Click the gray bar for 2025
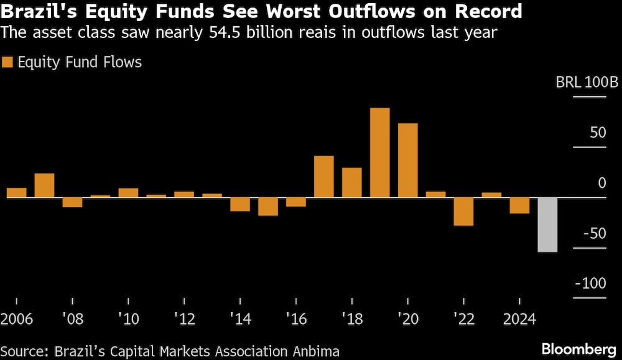tap(547, 224)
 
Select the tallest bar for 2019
tap(379, 152)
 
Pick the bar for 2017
tap(324, 177)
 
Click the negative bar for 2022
tap(463, 211)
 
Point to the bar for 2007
tap(44, 185)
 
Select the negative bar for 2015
tap(268, 206)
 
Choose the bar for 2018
tap(352, 182)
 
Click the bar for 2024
tap(519, 205)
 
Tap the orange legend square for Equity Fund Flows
tap(8, 62)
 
